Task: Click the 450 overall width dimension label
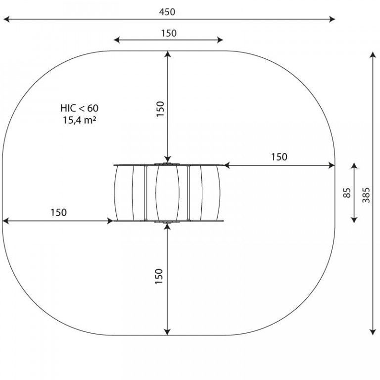pos(167,12)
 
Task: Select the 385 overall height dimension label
pos(366,195)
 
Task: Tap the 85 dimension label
pos(347,193)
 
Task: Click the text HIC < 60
pos(79,108)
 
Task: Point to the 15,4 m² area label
pos(80,120)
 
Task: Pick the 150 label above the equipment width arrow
pos(169,33)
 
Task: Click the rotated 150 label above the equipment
pos(160,109)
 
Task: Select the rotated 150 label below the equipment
pos(159,276)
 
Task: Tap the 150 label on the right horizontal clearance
pos(279,157)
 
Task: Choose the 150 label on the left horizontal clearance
pos(58,212)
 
